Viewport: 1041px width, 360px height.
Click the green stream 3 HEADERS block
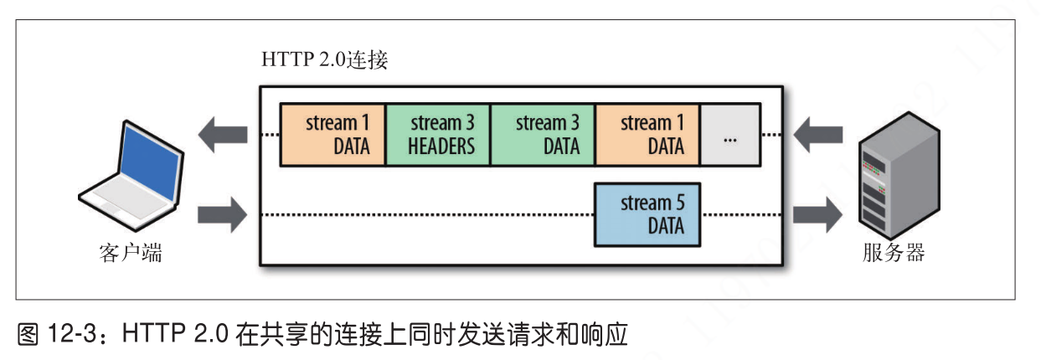point(437,135)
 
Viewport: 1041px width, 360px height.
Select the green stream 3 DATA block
point(542,135)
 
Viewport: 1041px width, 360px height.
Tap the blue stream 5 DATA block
point(647,215)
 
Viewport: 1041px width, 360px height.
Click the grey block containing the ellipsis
point(730,135)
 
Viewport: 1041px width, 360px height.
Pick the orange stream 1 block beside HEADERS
point(332,135)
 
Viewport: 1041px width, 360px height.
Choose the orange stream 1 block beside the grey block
point(647,135)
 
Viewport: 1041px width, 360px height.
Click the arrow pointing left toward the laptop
point(222,134)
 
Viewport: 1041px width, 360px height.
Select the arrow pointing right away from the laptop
point(222,215)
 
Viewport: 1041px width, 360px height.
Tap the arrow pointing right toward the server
point(817,215)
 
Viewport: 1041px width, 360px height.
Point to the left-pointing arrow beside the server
point(817,134)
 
